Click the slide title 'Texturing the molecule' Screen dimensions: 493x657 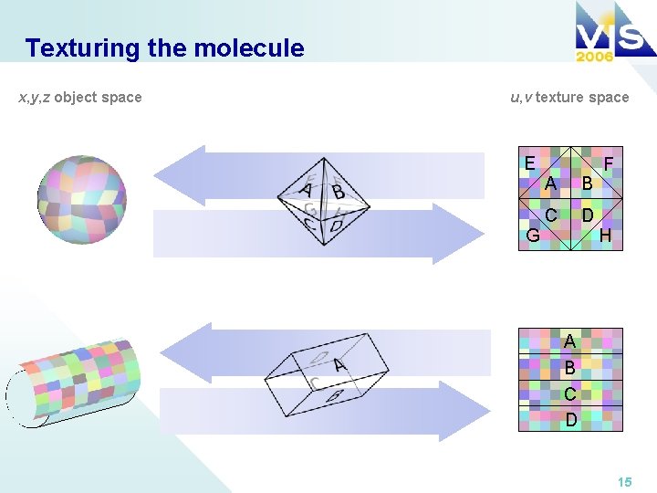pyautogui.click(x=164, y=47)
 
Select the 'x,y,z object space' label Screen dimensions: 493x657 pyautogui.click(x=80, y=97)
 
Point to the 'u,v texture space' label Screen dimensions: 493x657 pyautogui.click(x=569, y=97)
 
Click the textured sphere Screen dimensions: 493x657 pyautogui.click(x=81, y=199)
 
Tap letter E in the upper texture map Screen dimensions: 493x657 pyautogui.click(x=529, y=163)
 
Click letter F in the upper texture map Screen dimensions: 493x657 pyautogui.click(x=610, y=163)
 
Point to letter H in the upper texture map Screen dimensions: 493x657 pyautogui.click(x=605, y=236)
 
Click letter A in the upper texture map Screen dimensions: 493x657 pyautogui.click(x=550, y=184)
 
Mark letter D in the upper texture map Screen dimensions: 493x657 pyautogui.click(x=588, y=215)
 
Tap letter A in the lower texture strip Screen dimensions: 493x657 pyautogui.click(x=569, y=341)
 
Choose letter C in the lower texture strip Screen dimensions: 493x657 pyautogui.click(x=569, y=394)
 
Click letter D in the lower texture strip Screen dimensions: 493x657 pyautogui.click(x=570, y=420)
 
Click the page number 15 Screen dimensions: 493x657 pyautogui.click(x=624, y=481)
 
